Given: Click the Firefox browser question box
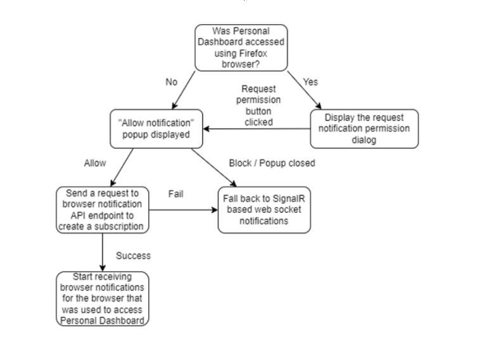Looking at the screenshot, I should coord(241,48).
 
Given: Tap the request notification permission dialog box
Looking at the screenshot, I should coord(364,129).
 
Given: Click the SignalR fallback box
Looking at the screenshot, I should coord(264,210).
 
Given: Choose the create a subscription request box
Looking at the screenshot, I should coord(103,210).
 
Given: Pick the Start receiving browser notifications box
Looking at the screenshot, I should coord(103,299).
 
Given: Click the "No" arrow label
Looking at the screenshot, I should coord(170,82).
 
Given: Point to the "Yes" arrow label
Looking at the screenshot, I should coord(311,82).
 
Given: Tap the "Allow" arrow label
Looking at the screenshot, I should coord(95,164).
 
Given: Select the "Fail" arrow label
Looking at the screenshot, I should coord(176,193).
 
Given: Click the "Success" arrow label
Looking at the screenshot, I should coord(133,256).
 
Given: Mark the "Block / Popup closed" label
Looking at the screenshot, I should coord(272,164).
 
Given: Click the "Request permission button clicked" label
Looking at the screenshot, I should coord(258,105).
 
